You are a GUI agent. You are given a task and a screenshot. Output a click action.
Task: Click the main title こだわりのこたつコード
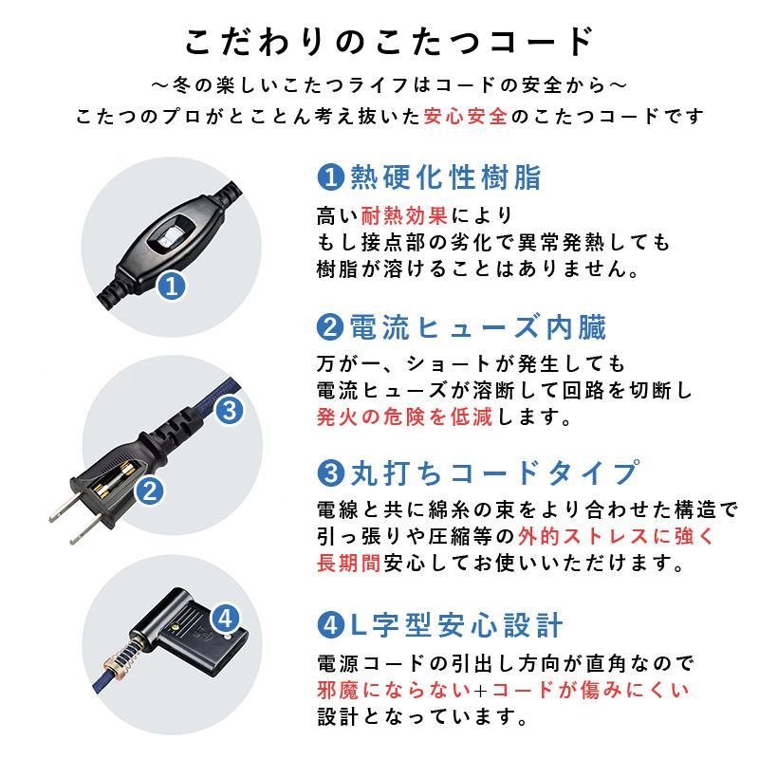click(389, 44)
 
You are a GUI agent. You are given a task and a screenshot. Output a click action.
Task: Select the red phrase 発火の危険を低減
click(404, 417)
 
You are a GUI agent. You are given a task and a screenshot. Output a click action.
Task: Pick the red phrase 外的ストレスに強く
click(622, 536)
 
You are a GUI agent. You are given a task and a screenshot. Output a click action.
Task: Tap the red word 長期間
click(348, 564)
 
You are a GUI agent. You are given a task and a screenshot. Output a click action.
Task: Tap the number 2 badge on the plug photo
click(149, 490)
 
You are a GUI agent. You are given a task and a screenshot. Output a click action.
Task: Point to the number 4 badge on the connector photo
click(224, 620)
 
